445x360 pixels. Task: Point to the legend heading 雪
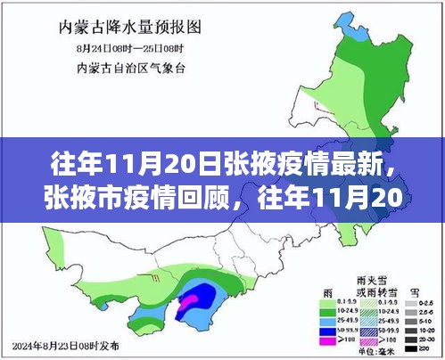point(410,290)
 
